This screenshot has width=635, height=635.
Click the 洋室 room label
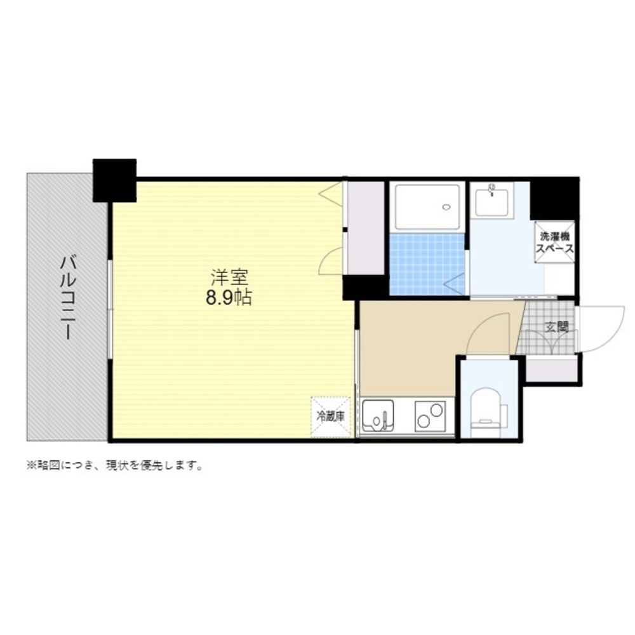[229, 278]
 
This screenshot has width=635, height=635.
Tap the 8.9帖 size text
[229, 298]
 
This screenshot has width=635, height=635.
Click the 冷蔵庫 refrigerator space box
[330, 417]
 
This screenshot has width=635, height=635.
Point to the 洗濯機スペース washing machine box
[554, 242]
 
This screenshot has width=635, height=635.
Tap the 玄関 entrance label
[557, 327]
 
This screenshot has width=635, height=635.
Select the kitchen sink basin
[378, 416]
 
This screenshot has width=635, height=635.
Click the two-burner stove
[430, 416]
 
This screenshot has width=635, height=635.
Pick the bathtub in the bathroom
[427, 207]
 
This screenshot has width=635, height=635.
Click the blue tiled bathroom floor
[427, 264]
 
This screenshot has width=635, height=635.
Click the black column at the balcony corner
[114, 180]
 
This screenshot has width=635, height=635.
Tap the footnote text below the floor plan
[114, 465]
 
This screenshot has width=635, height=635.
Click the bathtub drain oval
[446, 208]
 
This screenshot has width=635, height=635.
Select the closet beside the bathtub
[366, 227]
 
